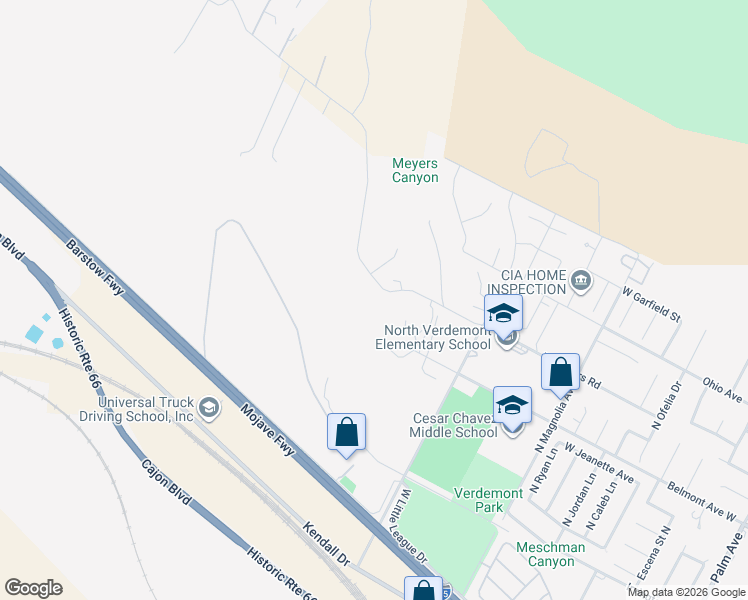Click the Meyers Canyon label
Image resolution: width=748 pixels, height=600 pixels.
(x=415, y=170)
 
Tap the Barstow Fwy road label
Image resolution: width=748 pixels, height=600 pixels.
(x=96, y=267)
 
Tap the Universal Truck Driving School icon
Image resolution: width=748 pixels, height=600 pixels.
(x=209, y=406)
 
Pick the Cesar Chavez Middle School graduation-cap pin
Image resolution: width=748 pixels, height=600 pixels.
(x=512, y=405)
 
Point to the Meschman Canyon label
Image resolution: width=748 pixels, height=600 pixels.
(x=546, y=554)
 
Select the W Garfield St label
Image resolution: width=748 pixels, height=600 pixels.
(x=651, y=304)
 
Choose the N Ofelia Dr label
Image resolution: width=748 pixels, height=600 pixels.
(x=666, y=404)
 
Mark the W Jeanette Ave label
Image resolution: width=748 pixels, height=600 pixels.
(x=600, y=463)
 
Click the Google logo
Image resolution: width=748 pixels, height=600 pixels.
(x=33, y=587)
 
